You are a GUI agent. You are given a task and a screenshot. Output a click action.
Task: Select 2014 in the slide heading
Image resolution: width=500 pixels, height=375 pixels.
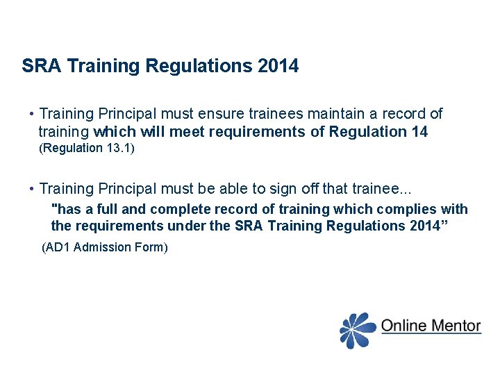[x=278, y=67]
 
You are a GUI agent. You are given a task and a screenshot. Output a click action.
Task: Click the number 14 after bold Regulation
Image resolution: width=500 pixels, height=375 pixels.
[x=419, y=131]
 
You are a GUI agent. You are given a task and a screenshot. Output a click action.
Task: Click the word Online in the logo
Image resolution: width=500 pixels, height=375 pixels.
[x=404, y=325]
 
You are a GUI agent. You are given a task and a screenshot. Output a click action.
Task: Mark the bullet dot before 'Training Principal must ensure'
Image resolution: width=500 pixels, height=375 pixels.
[x=31, y=114]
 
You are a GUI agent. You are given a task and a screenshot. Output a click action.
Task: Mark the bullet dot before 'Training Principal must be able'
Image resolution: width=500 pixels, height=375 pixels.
[x=31, y=189]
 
